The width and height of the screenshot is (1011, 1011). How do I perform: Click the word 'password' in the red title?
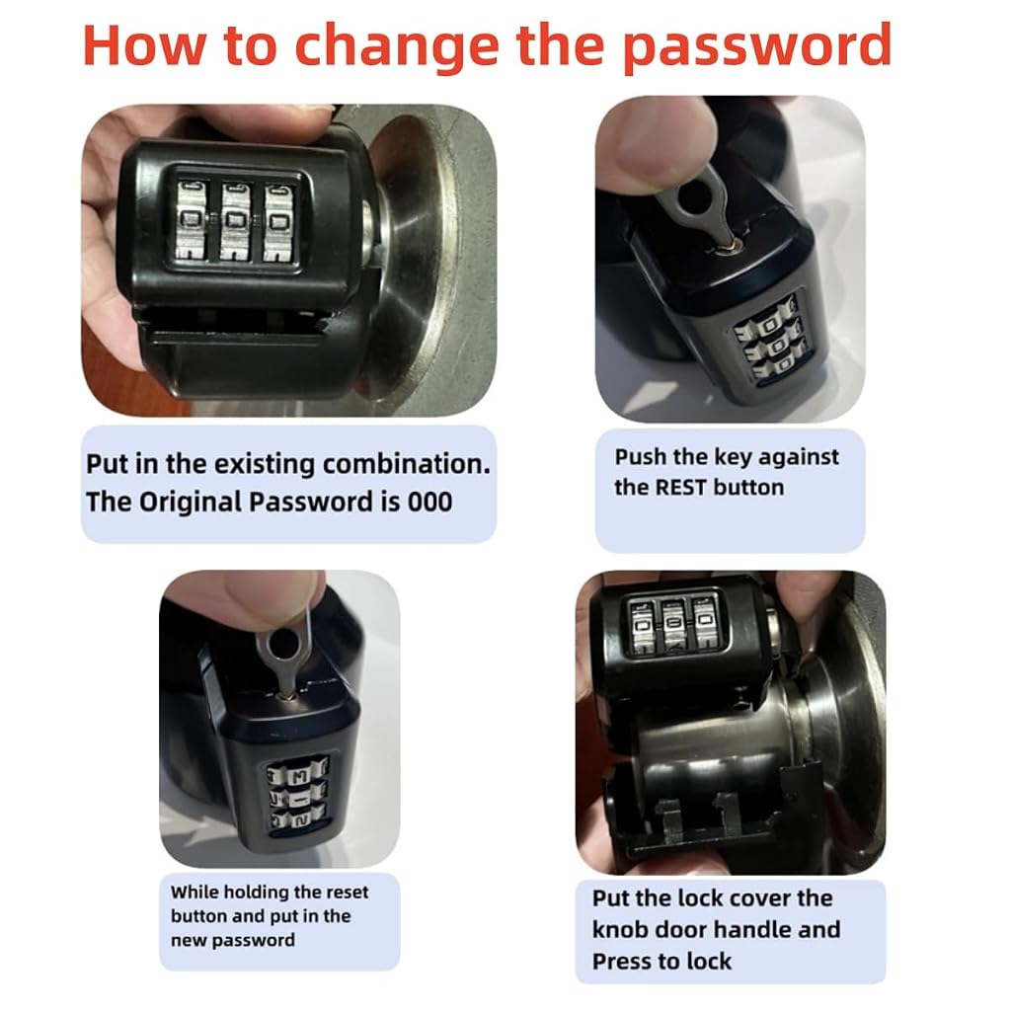(x=757, y=46)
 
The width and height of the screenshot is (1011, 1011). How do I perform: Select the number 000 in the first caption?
(x=429, y=503)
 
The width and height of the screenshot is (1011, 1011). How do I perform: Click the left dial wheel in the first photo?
(x=191, y=221)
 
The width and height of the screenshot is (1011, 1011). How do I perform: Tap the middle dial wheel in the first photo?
(x=235, y=222)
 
